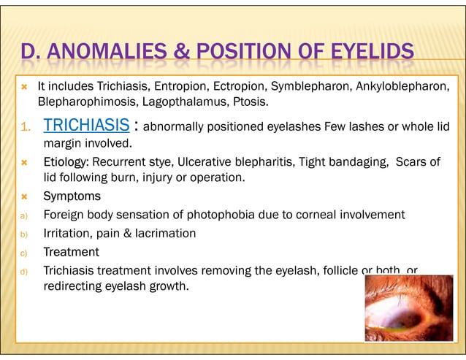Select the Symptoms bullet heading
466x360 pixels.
pyautogui.click(x=72, y=196)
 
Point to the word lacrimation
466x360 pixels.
pyautogui.click(x=164, y=233)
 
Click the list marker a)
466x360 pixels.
pyautogui.click(x=23, y=215)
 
